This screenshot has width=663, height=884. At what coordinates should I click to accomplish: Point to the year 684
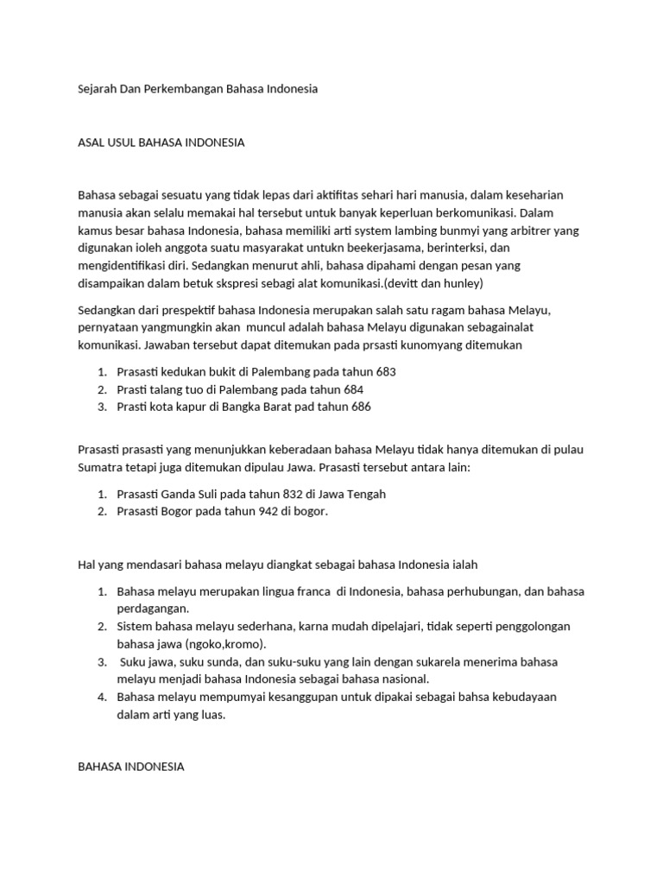click(354, 389)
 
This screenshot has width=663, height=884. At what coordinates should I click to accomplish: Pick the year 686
click(362, 407)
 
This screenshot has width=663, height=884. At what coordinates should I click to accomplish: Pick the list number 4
click(100, 697)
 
